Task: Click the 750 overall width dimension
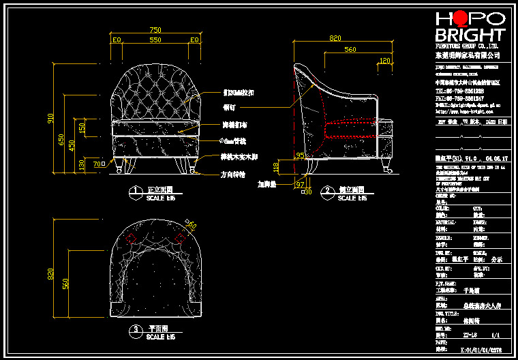point(155,30)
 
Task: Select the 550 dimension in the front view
point(155,40)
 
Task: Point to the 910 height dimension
point(50,118)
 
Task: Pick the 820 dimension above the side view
point(335,39)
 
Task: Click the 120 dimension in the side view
point(385,61)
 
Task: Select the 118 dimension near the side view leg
point(276,166)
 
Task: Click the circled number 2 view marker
point(328,190)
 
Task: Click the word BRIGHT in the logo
point(470,35)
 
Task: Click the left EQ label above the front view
point(117,40)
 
